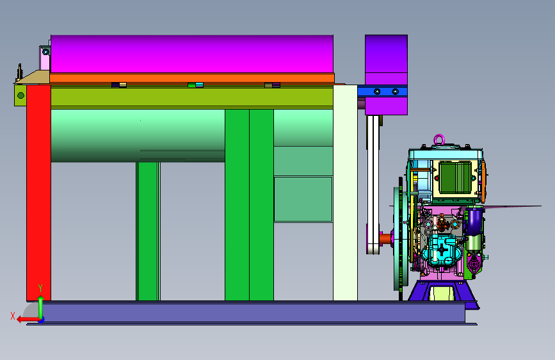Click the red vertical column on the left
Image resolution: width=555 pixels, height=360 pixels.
pos(38,193)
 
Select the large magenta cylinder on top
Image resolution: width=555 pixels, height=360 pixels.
pos(192,54)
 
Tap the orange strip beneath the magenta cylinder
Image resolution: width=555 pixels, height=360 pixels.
pos(192,78)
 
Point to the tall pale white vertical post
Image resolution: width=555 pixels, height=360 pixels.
pos(345,193)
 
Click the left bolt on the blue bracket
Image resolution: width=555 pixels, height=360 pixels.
pos(377,92)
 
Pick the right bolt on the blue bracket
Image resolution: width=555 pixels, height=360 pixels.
pos(396,92)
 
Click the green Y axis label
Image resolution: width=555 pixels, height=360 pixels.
pos(40,288)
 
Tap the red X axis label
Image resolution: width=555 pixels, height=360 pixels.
pos(13,316)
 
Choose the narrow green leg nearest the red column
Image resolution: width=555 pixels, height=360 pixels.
pos(148,231)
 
